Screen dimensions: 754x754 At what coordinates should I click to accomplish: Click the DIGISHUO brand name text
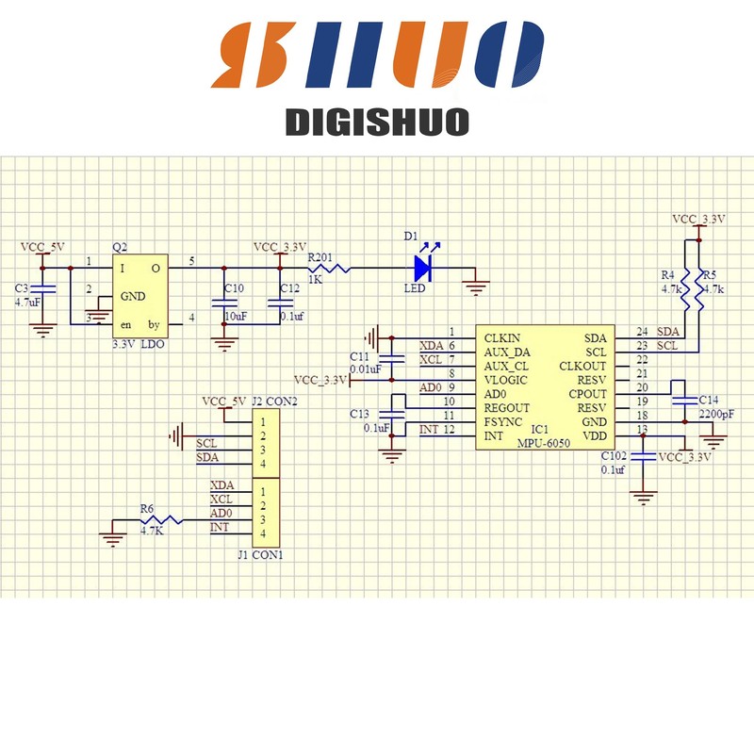[x=377, y=123]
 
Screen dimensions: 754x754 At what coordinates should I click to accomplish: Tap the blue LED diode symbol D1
[x=422, y=269]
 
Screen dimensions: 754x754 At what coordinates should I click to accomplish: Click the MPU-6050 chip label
[x=544, y=443]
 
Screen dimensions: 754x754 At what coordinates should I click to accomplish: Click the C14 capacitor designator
[x=708, y=400]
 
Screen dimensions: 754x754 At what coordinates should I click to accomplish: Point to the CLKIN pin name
[x=501, y=336]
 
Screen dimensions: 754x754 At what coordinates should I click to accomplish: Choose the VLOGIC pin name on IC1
[x=506, y=380]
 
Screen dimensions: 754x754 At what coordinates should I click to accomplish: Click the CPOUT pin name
[x=587, y=393]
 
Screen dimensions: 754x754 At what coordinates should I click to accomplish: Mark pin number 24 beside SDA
[x=642, y=332]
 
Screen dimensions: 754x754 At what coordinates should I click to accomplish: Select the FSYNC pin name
[x=503, y=422]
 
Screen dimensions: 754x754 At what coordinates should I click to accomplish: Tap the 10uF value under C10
[x=234, y=317]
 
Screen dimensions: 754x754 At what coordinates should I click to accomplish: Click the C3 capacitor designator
[x=22, y=287]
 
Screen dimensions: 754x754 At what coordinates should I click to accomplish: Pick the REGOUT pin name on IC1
[x=507, y=408]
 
